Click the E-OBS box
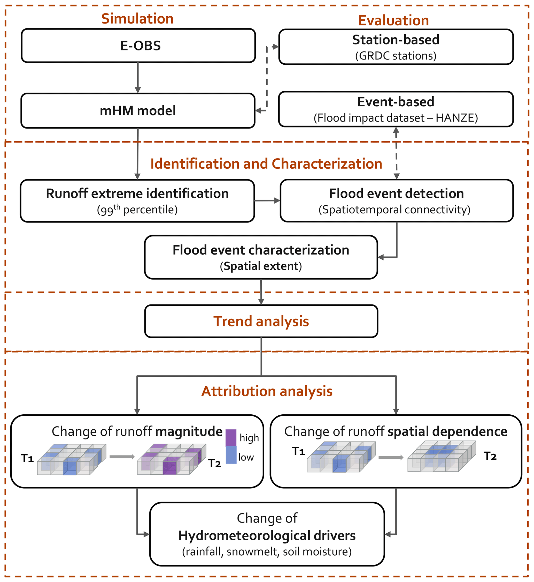click(138, 46)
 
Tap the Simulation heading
click(137, 19)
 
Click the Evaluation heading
click(393, 20)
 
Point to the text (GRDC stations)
click(396, 56)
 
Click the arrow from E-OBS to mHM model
click(138, 78)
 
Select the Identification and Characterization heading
click(266, 164)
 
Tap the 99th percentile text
click(137, 210)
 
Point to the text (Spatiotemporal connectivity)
click(394, 210)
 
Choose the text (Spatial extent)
click(261, 266)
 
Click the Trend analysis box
click(261, 321)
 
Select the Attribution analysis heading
click(267, 391)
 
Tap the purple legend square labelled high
click(231, 438)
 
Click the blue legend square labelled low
click(231, 455)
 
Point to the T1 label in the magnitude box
click(27, 458)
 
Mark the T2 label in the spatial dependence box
click(490, 456)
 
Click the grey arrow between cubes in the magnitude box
click(122, 457)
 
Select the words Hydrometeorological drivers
click(267, 535)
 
